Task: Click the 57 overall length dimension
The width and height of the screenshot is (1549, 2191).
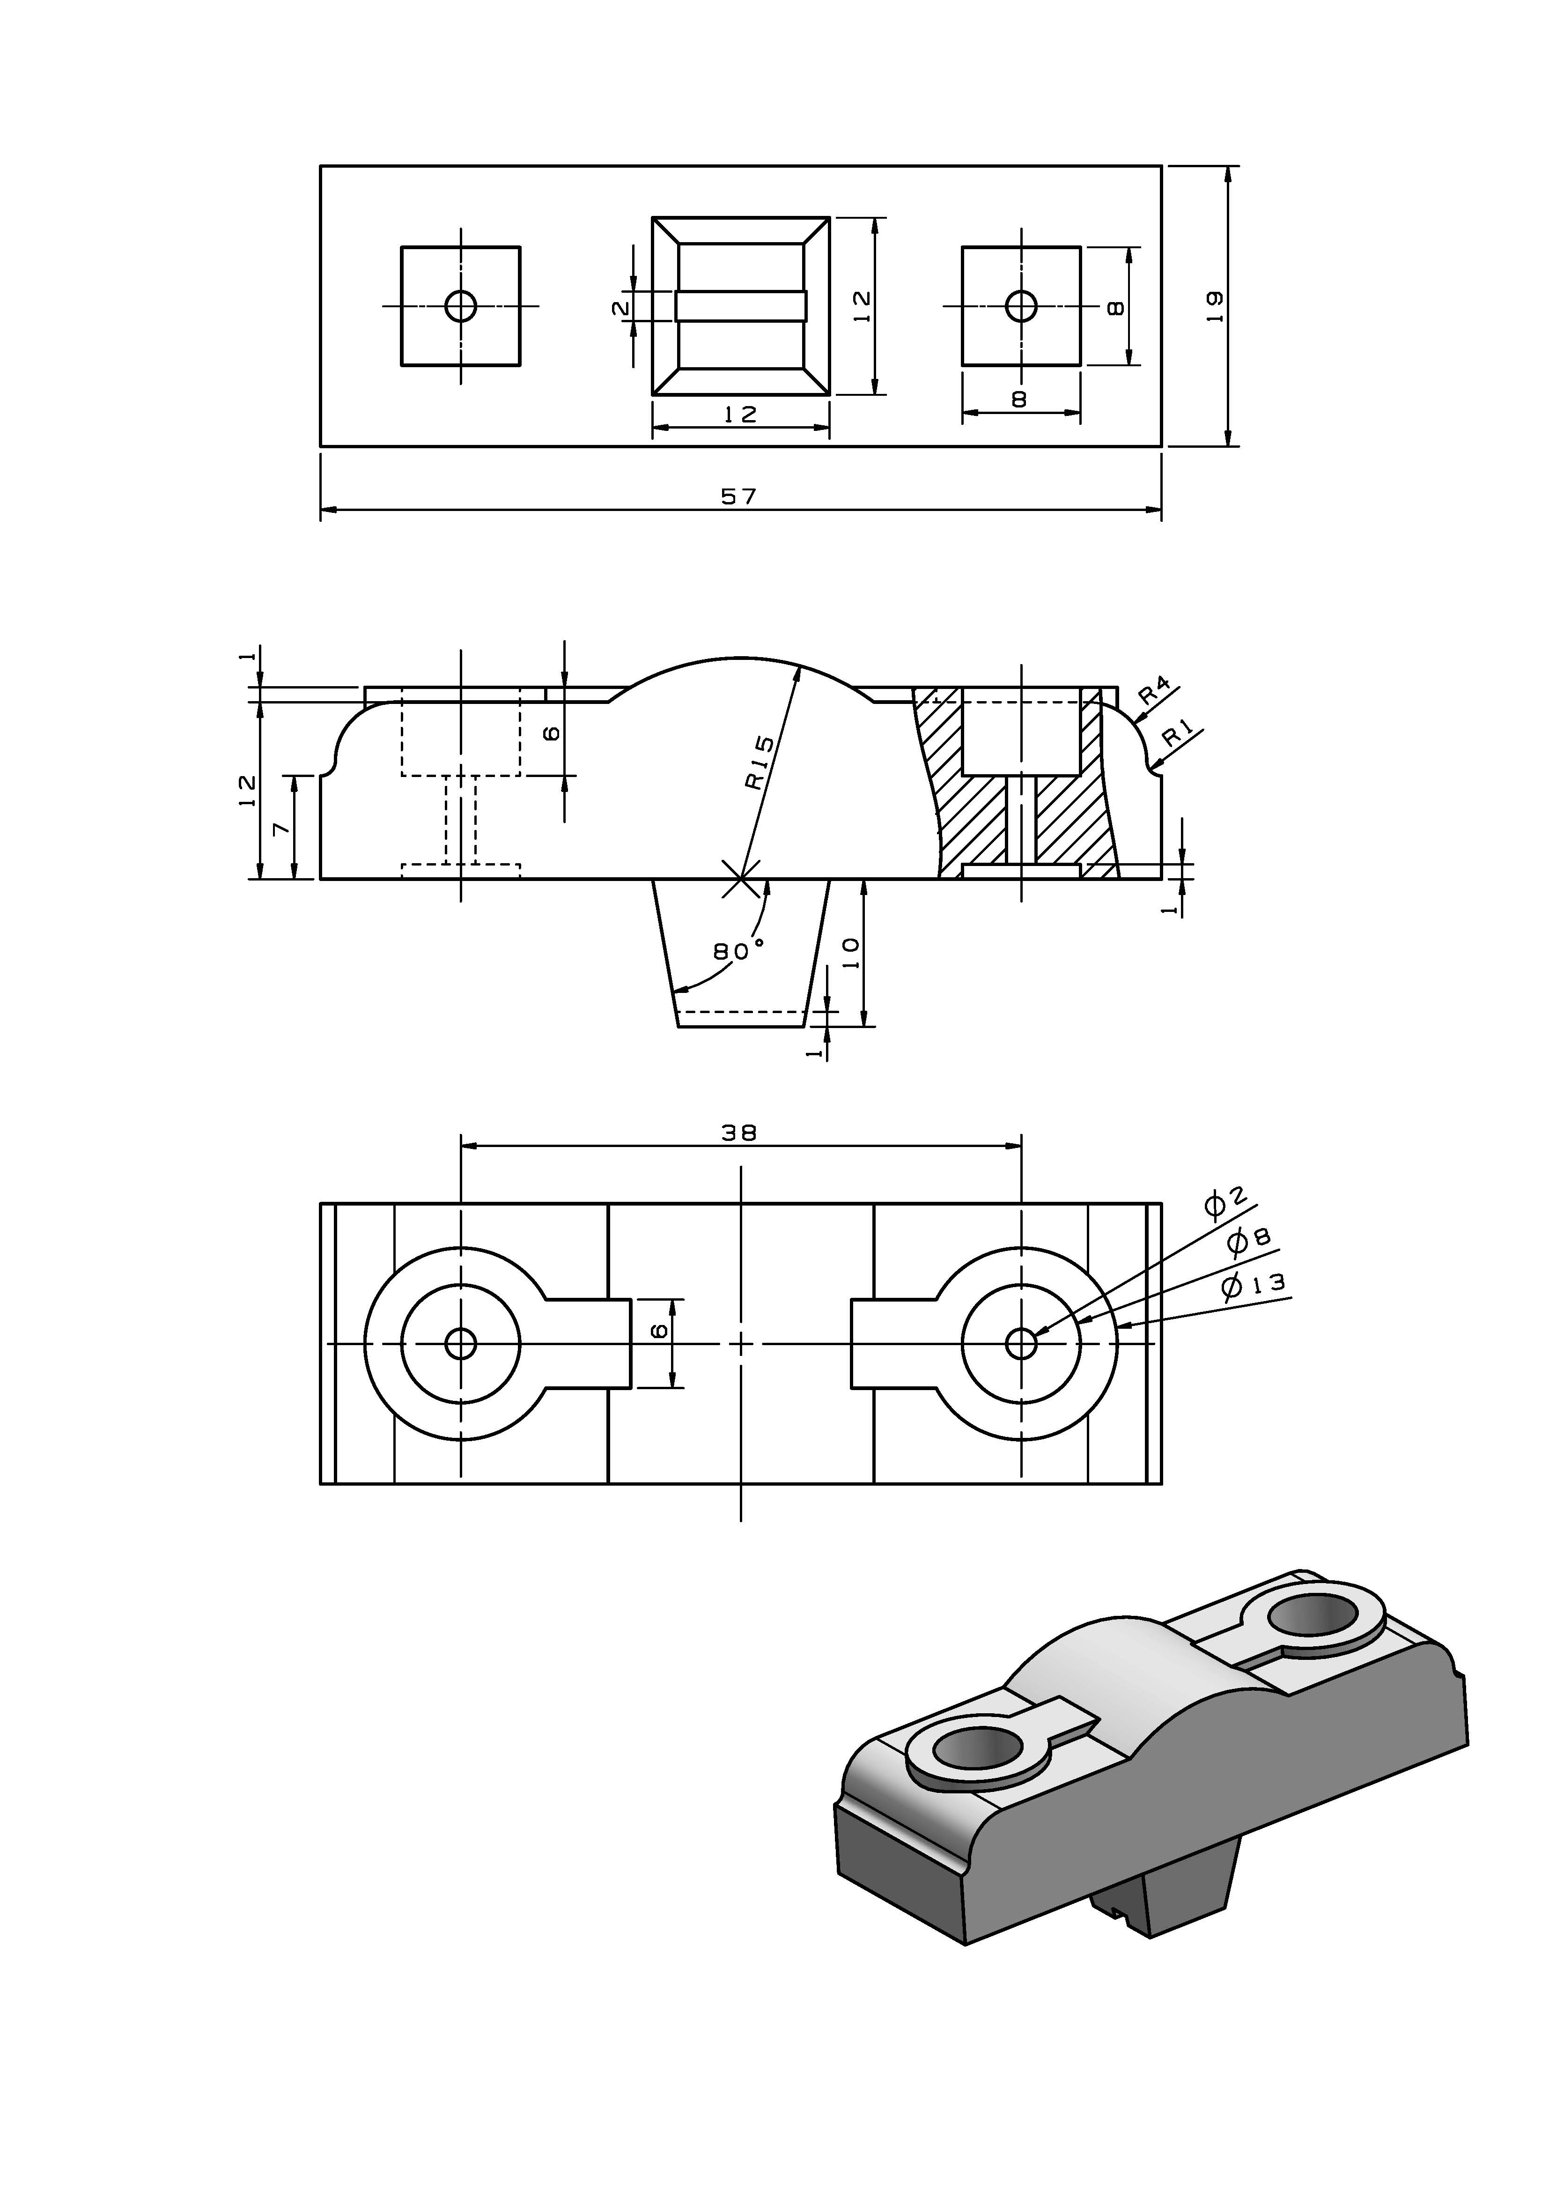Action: point(739,496)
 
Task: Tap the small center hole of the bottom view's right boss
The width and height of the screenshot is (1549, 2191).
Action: point(1022,1344)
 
